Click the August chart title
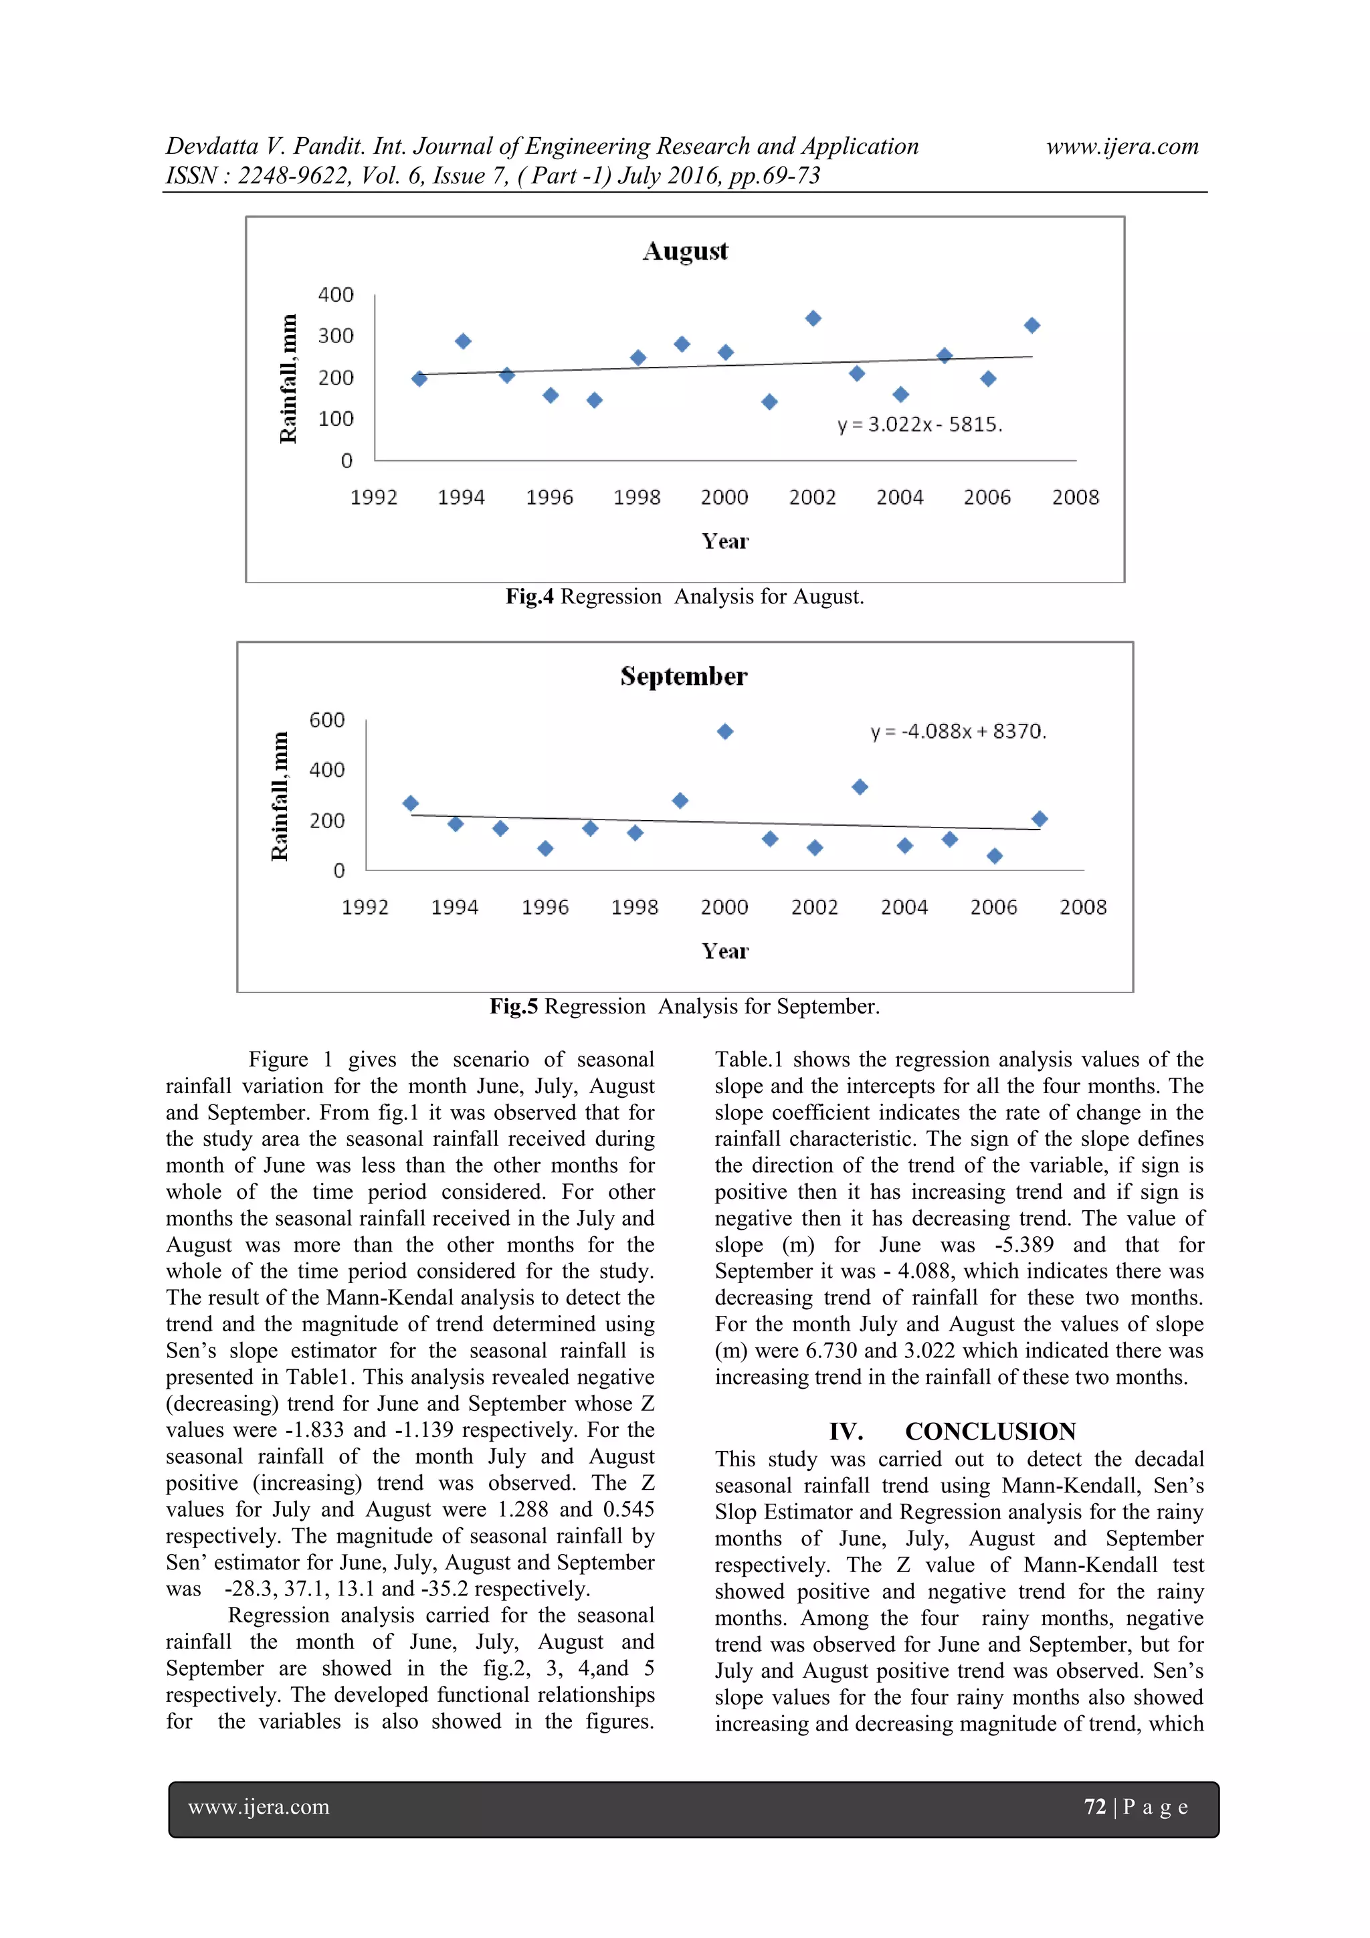[x=684, y=252]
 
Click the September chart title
[x=683, y=677]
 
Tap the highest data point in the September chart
[x=725, y=731]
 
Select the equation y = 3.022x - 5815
[x=919, y=425]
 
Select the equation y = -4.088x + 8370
[x=958, y=731]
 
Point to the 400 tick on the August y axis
[x=335, y=294]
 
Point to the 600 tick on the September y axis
[x=326, y=720]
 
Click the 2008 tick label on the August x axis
[x=1074, y=497]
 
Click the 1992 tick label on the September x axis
[x=365, y=907]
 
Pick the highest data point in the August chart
[x=813, y=318]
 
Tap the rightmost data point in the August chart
[x=1032, y=325]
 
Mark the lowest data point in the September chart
[x=994, y=856]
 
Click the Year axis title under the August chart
[x=724, y=541]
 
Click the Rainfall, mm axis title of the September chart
[x=280, y=796]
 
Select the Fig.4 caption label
[x=529, y=597]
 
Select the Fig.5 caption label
[x=513, y=1006]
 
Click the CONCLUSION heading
[x=989, y=1432]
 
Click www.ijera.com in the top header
[x=1122, y=146]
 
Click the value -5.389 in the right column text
[x=1023, y=1244]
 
